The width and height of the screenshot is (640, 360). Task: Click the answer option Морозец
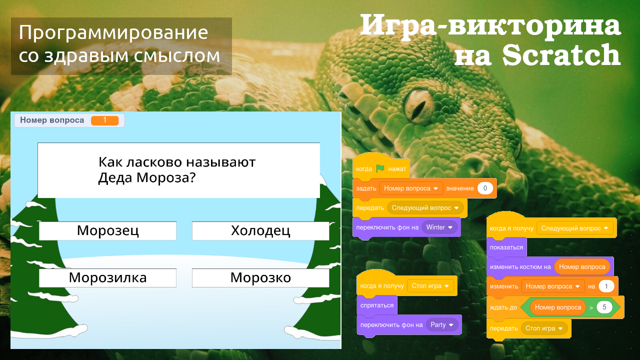pos(107,230)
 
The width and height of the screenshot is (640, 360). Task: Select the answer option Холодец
pos(260,230)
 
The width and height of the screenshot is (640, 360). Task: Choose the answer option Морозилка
pos(107,277)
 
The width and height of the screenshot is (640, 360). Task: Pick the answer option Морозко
pos(260,277)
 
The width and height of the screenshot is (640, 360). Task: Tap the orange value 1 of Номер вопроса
pos(104,120)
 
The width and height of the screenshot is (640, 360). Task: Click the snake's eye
pos(419,102)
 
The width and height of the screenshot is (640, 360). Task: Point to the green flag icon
pos(380,168)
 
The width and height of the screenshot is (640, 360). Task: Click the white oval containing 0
pos(485,188)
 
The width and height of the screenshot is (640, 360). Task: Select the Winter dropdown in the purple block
pos(439,227)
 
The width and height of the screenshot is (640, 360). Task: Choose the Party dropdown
pos(442,324)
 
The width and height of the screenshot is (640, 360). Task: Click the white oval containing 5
pos(604,307)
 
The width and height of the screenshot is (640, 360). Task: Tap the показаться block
pos(506,247)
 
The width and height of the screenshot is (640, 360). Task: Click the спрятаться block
pos(377,305)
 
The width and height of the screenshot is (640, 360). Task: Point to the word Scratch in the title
pos(561,55)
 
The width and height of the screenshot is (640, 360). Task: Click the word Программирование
pos(113,33)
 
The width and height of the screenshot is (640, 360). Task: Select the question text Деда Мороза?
pos(146,177)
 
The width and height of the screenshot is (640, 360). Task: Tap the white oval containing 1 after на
pos(606,286)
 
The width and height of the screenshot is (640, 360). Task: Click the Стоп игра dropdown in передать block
pos(545,328)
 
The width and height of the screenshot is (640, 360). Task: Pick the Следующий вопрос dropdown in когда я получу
pos(575,228)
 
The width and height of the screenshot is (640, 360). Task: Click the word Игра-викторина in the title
pos(490,25)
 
